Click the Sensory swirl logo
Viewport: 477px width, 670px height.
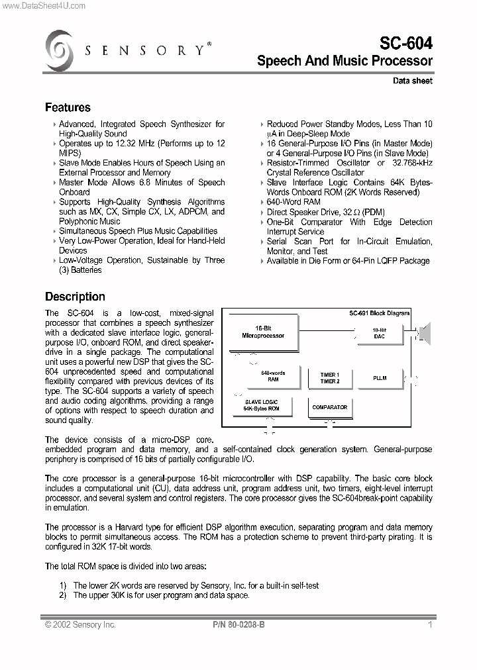coord(59,50)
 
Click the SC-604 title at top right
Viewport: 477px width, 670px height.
coord(405,44)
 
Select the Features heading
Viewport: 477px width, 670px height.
coord(68,107)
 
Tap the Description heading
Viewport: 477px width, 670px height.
coord(75,297)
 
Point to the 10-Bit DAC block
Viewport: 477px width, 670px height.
coord(379,333)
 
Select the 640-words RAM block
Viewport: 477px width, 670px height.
coord(273,377)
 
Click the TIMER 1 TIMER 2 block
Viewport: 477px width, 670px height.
coord(329,378)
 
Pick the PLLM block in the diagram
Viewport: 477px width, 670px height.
coord(379,378)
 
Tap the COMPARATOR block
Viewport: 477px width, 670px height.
coord(329,408)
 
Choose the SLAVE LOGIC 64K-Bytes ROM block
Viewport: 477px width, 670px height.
coord(261,405)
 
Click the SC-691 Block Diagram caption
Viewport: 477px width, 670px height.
coord(379,313)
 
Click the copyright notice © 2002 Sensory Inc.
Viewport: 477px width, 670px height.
coord(80,624)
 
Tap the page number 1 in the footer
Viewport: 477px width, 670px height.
coord(430,624)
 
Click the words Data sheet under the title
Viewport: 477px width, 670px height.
coord(412,81)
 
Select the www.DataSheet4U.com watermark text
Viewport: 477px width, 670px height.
coord(43,5)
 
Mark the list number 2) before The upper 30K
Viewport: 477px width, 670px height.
coord(63,595)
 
